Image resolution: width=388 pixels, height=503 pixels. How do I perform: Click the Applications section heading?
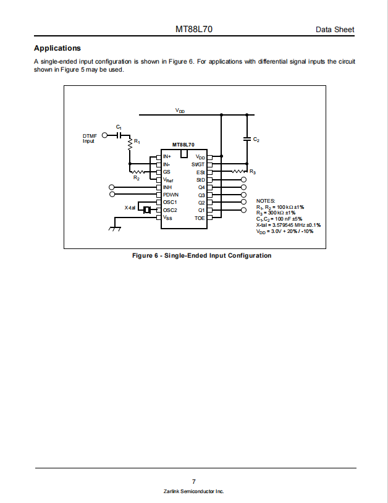point(57,48)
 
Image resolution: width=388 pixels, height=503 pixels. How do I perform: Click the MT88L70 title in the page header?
point(193,29)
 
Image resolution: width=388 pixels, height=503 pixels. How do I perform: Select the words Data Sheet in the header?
point(335,30)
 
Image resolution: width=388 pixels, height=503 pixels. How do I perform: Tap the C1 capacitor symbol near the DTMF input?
point(119,135)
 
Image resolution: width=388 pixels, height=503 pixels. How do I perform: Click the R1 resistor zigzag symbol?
point(130,144)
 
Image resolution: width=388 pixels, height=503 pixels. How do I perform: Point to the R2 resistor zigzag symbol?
point(139,172)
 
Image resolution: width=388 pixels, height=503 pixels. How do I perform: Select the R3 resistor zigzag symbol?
point(239,172)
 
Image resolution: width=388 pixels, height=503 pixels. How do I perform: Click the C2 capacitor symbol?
point(247,139)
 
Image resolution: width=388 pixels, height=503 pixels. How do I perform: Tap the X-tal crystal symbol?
point(147,210)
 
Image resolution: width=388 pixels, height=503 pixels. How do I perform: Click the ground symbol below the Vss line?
point(115,228)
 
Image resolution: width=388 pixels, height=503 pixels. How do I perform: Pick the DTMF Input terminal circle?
point(104,135)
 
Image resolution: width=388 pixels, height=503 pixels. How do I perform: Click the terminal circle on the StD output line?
point(243,180)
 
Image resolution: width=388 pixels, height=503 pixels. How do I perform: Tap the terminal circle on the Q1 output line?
point(243,210)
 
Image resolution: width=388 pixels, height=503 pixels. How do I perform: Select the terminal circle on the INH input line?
point(112,187)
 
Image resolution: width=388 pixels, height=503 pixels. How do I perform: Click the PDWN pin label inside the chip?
point(171,195)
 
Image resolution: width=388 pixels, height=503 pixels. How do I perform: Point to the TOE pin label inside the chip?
point(200,218)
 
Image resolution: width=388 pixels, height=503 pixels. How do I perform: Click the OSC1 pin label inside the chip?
point(170,203)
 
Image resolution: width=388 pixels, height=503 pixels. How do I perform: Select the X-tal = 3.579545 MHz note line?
point(289,225)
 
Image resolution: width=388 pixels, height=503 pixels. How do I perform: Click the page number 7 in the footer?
point(193,481)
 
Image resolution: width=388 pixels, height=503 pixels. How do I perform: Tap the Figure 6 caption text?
point(201,256)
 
